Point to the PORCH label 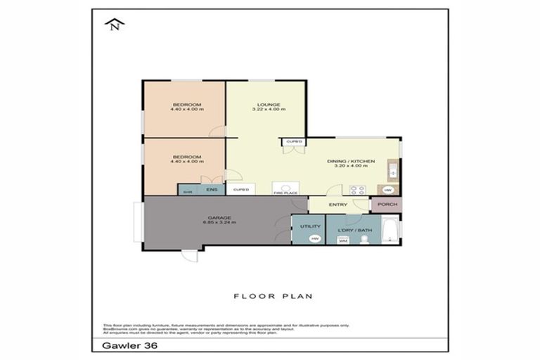coord(387,205)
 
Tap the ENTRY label coord(338,205)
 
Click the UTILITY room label coord(310,226)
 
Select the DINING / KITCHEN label coord(351,161)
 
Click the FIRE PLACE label coord(283,191)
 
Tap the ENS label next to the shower coord(212,190)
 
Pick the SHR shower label coord(188,191)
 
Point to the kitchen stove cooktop coord(357,188)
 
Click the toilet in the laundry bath coord(364,240)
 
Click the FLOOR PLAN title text coord(274,296)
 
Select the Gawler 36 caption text coord(115,346)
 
